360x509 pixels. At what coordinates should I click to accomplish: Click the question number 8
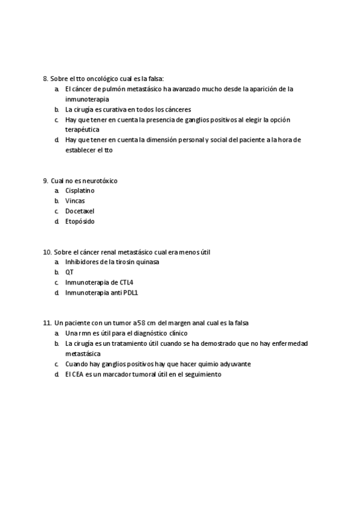pos(45,79)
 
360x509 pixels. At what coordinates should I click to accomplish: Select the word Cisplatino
pos(80,191)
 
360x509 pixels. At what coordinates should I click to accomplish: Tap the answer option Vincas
pos(75,201)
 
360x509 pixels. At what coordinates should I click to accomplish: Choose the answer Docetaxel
pos(80,211)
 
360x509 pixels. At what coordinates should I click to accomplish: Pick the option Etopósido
pos(80,221)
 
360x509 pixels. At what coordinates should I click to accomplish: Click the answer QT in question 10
pos(69,272)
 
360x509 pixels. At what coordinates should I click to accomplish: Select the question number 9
pos(45,181)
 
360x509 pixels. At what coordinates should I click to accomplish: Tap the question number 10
pos(47,251)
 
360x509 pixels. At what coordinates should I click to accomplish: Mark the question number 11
pos(47,323)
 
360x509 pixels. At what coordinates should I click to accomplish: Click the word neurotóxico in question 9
pos(100,181)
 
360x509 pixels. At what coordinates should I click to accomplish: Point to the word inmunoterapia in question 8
pos(88,99)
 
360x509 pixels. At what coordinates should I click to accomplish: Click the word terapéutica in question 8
pos(83,130)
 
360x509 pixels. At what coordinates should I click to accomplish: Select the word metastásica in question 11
pos(83,354)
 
